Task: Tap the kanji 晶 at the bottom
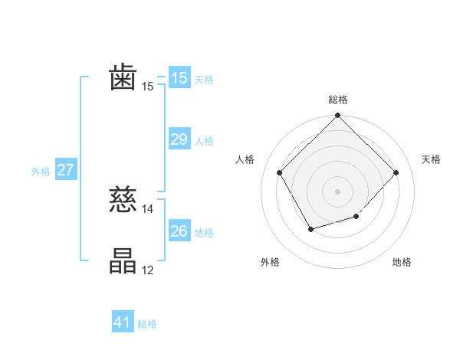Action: pos(123,261)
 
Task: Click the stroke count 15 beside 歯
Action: pos(148,87)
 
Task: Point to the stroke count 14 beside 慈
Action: pos(148,209)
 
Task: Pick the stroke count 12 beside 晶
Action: pos(148,270)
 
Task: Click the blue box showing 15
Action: pos(179,77)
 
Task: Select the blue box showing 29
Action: pos(179,139)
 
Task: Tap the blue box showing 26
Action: pos(179,231)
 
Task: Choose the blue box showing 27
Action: pos(65,170)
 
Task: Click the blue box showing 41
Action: pos(123,322)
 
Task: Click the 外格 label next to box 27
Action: pos(41,172)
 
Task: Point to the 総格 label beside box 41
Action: pos(147,324)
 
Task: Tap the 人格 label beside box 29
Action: pos(204,141)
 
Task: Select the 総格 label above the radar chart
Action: pos(337,100)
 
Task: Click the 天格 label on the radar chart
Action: pos(432,159)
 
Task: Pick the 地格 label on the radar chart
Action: pos(402,263)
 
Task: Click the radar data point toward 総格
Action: pos(337,116)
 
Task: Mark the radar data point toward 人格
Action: pos(280,172)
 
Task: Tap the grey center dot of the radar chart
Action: pos(337,191)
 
